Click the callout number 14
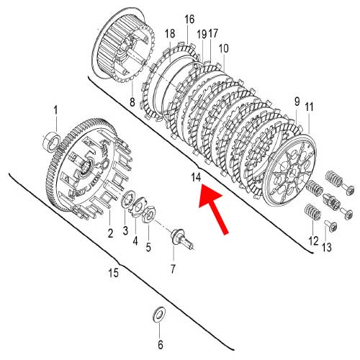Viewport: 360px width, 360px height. (x=196, y=177)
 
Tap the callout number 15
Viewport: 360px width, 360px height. (x=113, y=272)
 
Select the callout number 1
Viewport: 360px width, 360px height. (x=54, y=109)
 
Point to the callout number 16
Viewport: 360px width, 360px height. (x=189, y=19)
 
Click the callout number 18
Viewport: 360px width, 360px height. (x=170, y=34)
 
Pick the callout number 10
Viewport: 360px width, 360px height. (x=223, y=48)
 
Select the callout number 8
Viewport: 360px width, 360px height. (x=132, y=103)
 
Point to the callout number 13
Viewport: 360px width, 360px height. (x=328, y=248)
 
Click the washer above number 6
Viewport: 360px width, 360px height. (x=159, y=315)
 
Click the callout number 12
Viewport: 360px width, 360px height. (x=312, y=241)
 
